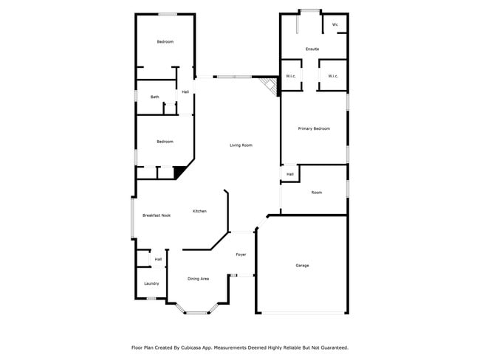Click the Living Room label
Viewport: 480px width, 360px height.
pyautogui.click(x=241, y=145)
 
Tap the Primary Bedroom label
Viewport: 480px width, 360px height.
pyautogui.click(x=314, y=128)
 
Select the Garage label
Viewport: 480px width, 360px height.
pyautogui.click(x=302, y=265)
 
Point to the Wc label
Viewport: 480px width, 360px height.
pyautogui.click(x=335, y=24)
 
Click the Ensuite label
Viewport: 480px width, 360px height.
pyautogui.click(x=312, y=49)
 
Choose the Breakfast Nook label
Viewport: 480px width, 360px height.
pyautogui.click(x=157, y=215)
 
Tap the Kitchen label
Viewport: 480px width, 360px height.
pyautogui.click(x=199, y=211)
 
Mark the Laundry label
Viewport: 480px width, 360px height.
pyautogui.click(x=151, y=283)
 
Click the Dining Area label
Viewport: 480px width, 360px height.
pyautogui.click(x=198, y=279)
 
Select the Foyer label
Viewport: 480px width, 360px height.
pyautogui.click(x=241, y=255)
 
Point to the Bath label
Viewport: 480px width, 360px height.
pyautogui.click(x=154, y=97)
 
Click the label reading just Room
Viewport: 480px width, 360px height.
pyautogui.click(x=316, y=193)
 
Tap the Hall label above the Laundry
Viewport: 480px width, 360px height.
pyautogui.click(x=158, y=259)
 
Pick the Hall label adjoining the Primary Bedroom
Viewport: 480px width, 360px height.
pyautogui.click(x=290, y=174)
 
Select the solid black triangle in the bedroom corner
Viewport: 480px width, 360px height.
pyautogui.click(x=179, y=173)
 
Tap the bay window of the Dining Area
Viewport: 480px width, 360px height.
pyautogui.click(x=197, y=312)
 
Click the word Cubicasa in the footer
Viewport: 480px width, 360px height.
pyautogui.click(x=203, y=347)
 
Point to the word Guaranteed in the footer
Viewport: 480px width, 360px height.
pyautogui.click(x=333, y=347)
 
